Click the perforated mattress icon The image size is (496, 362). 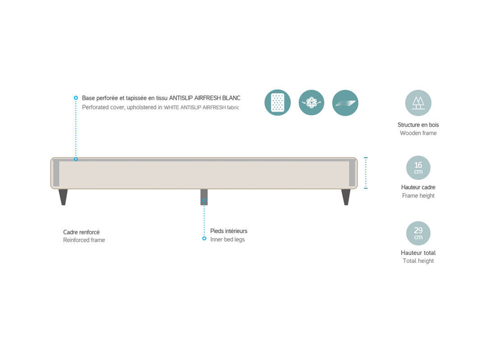pos(277,103)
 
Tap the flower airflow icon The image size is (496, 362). pos(311,103)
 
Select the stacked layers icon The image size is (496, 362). pos(345,103)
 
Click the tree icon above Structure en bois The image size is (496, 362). pos(418,103)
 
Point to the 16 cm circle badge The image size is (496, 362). pos(418,168)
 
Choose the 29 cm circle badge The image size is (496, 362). pos(418,234)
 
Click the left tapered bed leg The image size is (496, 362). pos(63,197)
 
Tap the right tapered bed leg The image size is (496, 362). pos(346,197)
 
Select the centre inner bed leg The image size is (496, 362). pos(204,197)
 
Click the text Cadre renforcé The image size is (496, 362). pos(81,232)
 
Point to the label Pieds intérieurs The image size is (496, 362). pos(229,231)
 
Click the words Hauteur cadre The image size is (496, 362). pos(418,187)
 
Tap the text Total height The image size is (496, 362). pos(418,261)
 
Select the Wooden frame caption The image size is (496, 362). pos(418,133)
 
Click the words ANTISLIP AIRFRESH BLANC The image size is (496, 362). pos(205,98)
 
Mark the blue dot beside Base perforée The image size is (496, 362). pos(76,98)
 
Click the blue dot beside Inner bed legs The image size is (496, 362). pos(204,238)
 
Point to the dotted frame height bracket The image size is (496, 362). pos(366,173)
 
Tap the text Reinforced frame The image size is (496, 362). pos(84,240)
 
